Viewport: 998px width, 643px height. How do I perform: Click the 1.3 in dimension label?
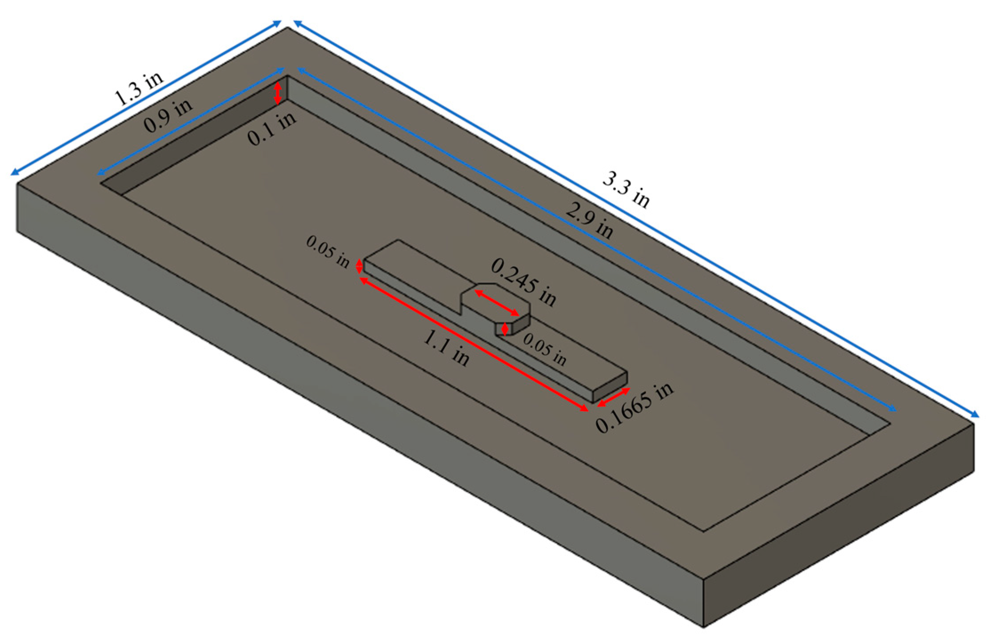139,88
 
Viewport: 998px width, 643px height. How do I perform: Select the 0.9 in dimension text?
168,115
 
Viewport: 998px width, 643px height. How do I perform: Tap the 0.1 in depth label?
271,129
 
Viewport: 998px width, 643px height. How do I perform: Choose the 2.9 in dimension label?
589,220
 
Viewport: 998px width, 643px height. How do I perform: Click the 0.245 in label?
523,282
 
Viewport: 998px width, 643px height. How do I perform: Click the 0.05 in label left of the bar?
328,252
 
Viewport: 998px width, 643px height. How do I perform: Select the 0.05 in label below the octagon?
545,349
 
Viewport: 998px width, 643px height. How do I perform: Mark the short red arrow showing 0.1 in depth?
278,93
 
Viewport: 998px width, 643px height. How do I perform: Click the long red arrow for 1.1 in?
474,345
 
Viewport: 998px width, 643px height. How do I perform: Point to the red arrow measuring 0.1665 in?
614,397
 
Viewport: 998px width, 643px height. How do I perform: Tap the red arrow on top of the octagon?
496,303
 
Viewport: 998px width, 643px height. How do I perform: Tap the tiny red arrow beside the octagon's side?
504,329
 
